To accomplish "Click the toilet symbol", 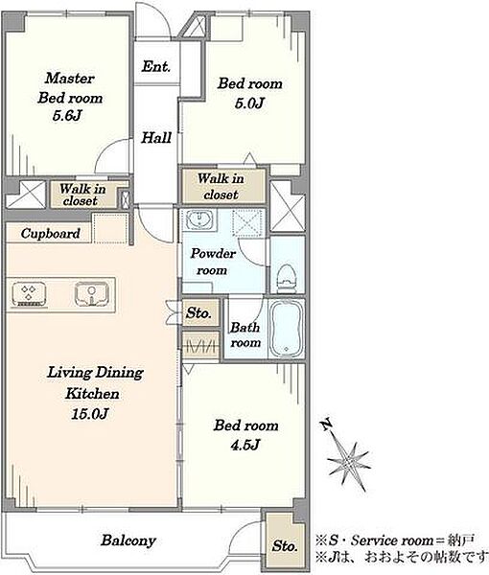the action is (x=288, y=278).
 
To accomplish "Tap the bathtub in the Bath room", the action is (x=287, y=328).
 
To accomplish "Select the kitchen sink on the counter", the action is (x=92, y=294).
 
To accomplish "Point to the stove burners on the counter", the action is (x=29, y=294).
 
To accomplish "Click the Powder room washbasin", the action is (x=198, y=220).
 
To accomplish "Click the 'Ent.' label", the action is (x=156, y=67).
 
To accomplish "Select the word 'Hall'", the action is (x=156, y=137).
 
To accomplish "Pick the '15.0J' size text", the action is (x=90, y=414).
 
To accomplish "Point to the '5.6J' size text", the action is (x=67, y=116).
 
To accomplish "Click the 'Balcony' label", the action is (x=128, y=540).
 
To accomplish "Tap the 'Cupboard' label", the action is (x=50, y=234).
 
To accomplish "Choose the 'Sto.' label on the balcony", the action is (x=285, y=546).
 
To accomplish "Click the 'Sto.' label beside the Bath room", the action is (x=198, y=313).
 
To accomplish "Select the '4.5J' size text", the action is (x=245, y=446).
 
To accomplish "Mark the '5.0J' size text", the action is (x=249, y=103).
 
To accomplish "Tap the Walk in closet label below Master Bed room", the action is (x=82, y=195).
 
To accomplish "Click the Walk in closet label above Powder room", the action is (x=221, y=186).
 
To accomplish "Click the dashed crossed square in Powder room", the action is (x=247, y=223).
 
